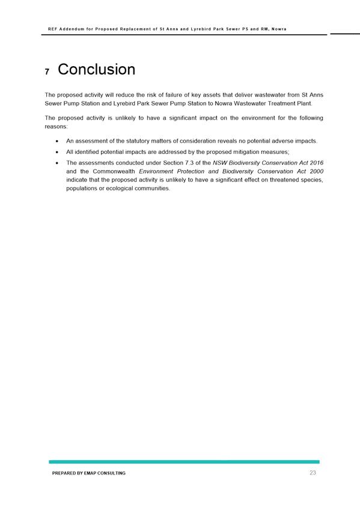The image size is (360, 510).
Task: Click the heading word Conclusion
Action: click(96, 70)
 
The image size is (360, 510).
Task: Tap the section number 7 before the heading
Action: click(47, 72)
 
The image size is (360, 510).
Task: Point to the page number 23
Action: click(313, 473)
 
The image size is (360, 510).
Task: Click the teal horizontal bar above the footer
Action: click(184, 462)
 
